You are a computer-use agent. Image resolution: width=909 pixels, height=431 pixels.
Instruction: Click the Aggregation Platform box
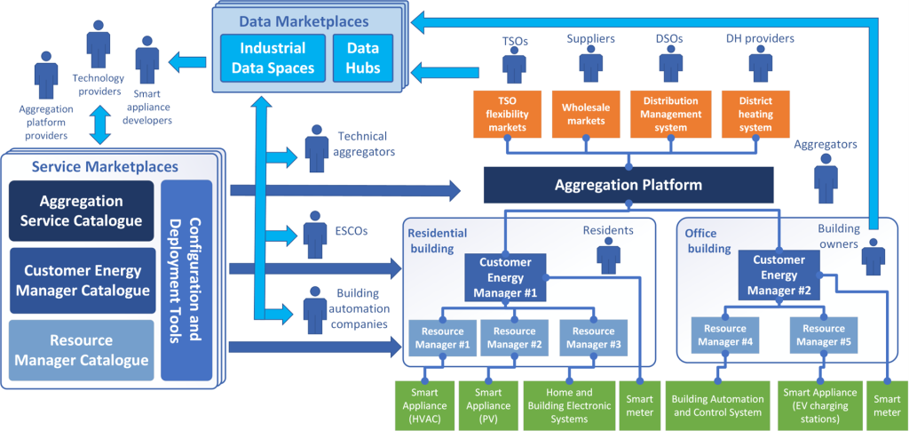click(628, 186)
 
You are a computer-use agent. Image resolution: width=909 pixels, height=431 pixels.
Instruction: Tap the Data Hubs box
click(362, 58)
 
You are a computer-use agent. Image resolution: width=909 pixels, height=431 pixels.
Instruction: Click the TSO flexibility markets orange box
click(507, 114)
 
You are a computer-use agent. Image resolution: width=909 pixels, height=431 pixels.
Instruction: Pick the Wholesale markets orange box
click(586, 114)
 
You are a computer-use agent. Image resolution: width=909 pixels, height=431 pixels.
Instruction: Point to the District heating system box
click(755, 114)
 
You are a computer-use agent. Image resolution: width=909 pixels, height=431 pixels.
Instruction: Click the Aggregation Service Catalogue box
click(82, 211)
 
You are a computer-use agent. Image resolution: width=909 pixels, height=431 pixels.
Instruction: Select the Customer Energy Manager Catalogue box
click(82, 280)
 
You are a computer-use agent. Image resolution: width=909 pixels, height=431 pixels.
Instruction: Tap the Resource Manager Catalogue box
click(82, 350)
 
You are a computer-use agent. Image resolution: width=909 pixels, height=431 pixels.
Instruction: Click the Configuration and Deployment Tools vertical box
click(186, 280)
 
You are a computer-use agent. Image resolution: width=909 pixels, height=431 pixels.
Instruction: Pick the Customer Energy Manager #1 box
click(505, 276)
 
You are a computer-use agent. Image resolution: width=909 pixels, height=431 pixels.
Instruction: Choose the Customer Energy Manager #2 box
click(779, 275)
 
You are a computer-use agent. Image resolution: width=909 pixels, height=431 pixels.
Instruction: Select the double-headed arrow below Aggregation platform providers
click(99, 126)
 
